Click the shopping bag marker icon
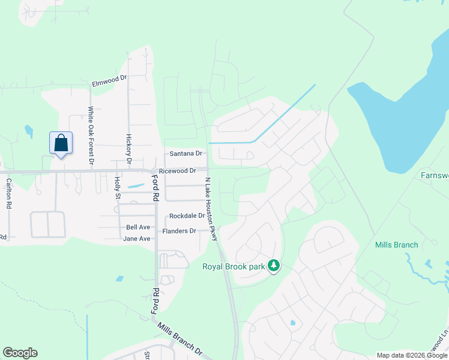61,144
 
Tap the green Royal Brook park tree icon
274,265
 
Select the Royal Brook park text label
234,265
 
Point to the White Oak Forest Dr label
91,135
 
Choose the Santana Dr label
183,154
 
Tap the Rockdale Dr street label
187,216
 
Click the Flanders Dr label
179,231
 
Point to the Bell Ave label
138,227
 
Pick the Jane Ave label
136,238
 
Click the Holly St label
118,187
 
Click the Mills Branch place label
396,245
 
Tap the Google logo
20,353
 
